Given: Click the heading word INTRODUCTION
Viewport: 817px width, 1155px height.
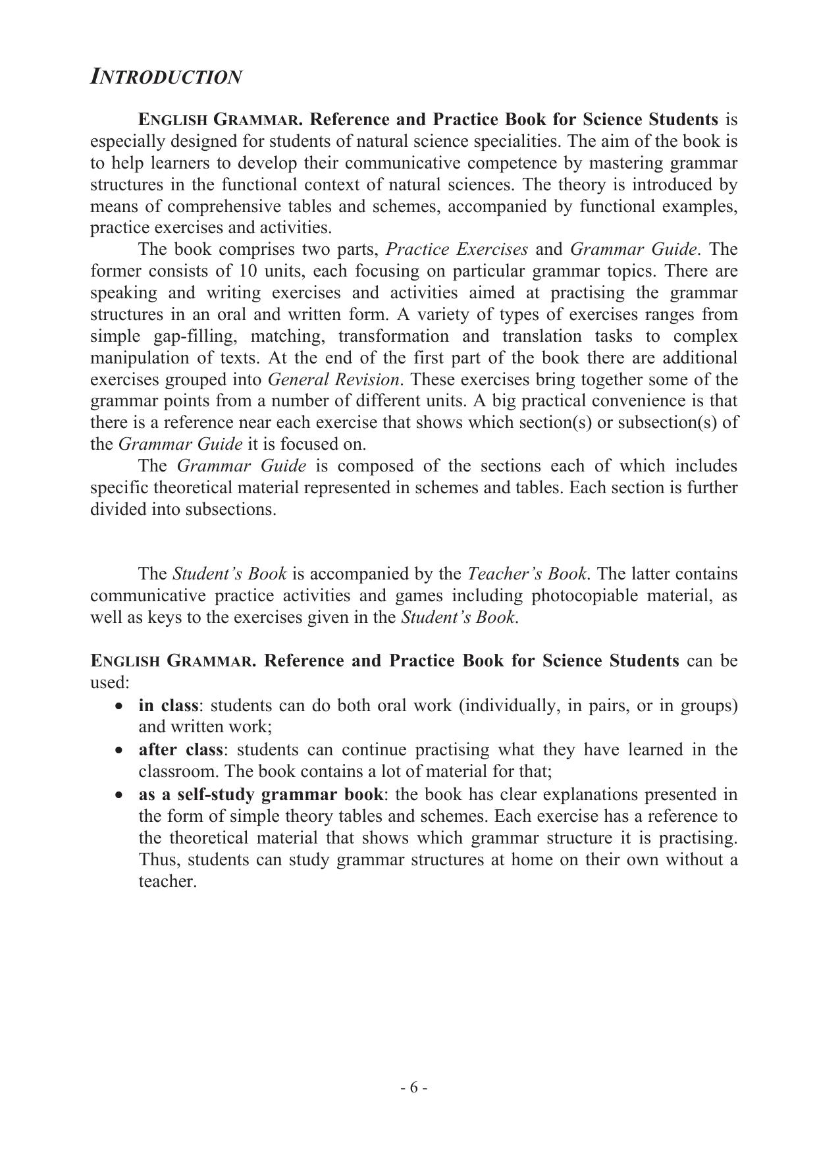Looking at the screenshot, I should (166, 77).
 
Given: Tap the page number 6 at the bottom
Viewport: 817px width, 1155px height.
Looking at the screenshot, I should (414, 1087).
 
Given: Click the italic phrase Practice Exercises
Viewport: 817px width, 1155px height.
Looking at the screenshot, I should (457, 250).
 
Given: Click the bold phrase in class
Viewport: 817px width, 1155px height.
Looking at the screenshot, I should (168, 705).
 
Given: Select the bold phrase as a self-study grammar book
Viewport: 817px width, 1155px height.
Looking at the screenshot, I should (261, 794).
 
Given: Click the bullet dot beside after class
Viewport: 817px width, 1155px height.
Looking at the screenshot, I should (119, 750).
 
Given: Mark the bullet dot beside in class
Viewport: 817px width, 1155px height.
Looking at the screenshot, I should (119, 706).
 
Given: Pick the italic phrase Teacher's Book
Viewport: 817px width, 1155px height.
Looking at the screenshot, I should (527, 574).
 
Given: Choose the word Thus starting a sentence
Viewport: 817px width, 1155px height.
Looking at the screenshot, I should (155, 860).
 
